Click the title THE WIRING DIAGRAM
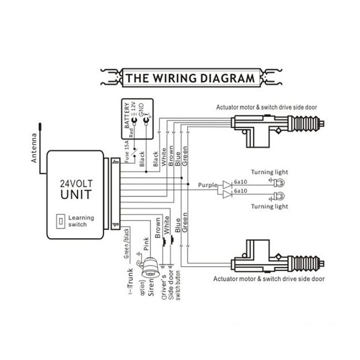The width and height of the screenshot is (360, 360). (x=190, y=78)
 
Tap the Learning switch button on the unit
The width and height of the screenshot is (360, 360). (x=58, y=221)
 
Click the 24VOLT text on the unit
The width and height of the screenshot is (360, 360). (x=75, y=184)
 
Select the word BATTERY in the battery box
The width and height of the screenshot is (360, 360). (x=126, y=116)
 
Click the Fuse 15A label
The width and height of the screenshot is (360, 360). (x=129, y=153)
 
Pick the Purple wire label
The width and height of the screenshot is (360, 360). (x=207, y=185)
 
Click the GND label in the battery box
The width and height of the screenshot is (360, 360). (x=140, y=108)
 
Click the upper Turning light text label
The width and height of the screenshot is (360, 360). (x=270, y=172)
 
